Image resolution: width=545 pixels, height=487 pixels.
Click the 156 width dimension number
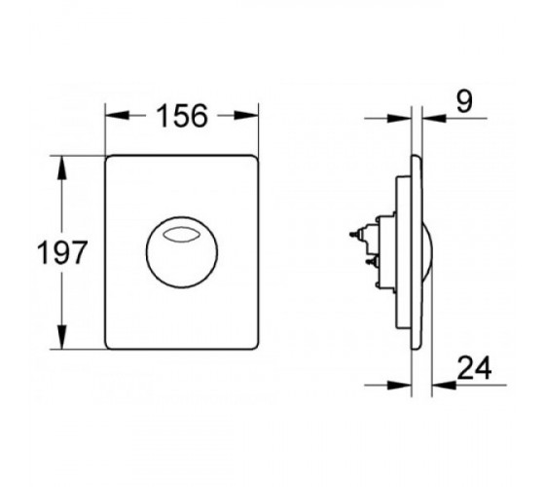(x=182, y=116)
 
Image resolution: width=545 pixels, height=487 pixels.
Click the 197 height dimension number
(x=61, y=252)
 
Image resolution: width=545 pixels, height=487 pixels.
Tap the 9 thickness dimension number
(x=465, y=102)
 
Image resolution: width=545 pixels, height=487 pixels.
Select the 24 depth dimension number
(x=474, y=368)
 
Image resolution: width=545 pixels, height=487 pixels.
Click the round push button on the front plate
(x=182, y=252)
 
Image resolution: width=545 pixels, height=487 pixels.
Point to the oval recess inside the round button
(x=182, y=235)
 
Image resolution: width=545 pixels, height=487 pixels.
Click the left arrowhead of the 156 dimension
(x=117, y=116)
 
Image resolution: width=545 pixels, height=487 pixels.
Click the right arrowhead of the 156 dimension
(x=246, y=116)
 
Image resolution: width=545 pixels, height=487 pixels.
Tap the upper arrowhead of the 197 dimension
(x=62, y=168)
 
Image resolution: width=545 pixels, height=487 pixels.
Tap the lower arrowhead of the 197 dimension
(x=62, y=337)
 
